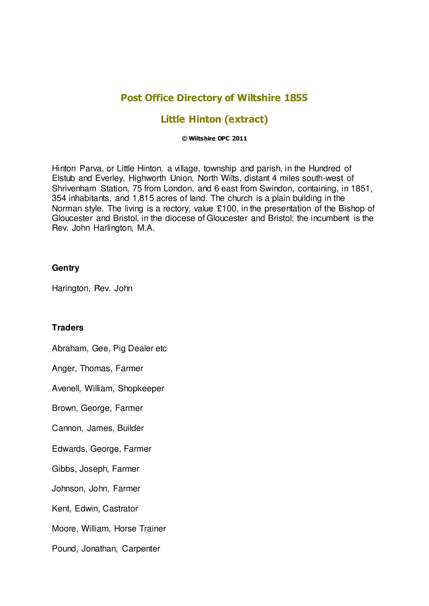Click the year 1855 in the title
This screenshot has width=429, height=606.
click(x=296, y=98)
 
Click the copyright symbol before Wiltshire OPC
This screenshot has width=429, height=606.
click(x=185, y=139)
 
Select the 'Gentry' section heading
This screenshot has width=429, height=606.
click(x=65, y=268)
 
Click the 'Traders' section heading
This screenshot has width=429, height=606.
click(x=67, y=328)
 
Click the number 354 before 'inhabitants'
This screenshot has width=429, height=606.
click(x=59, y=199)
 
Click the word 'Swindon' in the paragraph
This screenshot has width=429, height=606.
click(x=276, y=189)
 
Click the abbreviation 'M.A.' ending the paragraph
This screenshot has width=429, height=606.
click(x=146, y=228)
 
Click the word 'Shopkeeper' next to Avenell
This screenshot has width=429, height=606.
click(x=141, y=388)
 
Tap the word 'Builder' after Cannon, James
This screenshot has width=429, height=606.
click(x=130, y=428)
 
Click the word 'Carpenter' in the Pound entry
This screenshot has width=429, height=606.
click(x=141, y=549)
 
